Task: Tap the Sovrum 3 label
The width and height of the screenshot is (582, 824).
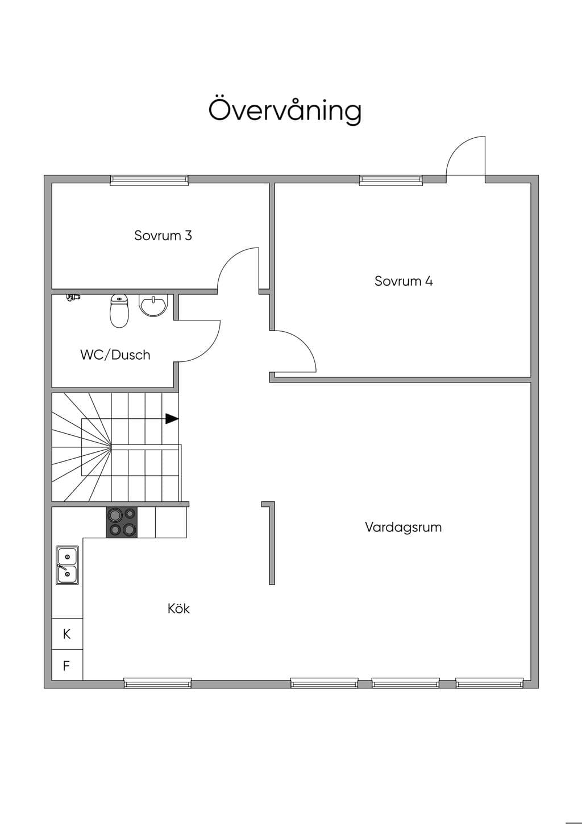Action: pos(163,236)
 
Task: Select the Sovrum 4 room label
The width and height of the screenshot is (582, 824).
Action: pos(404,281)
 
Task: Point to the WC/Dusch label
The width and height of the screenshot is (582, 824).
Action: pos(115,355)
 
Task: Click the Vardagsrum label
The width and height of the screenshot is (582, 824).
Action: pos(403,527)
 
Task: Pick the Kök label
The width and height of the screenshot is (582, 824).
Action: pos(178,608)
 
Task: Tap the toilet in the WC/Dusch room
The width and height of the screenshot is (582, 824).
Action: pos(119,311)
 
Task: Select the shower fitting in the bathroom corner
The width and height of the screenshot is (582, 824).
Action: pos(73,297)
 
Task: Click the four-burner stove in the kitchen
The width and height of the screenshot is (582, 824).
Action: pos(122,522)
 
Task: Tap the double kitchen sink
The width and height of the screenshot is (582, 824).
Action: pos(67,565)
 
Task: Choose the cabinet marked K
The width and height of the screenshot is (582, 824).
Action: pos(67,634)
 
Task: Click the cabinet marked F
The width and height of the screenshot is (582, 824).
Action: pos(67,665)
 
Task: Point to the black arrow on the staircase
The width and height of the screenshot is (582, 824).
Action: pos(172,419)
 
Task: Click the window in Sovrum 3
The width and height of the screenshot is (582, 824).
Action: pos(149,180)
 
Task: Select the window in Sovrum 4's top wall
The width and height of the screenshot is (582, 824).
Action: pos(390,180)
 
